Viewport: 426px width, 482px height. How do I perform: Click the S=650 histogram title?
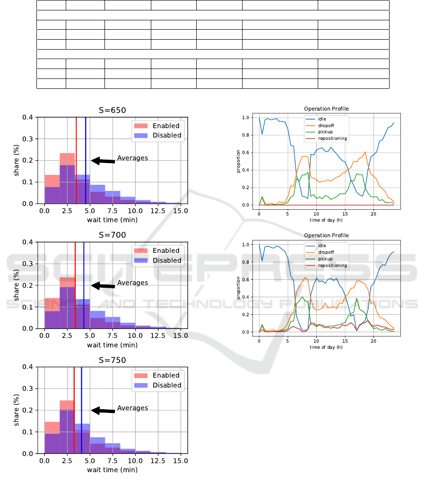pos(113,111)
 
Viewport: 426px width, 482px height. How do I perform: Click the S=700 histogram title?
pos(113,235)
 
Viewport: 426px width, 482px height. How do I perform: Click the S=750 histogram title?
pos(113,360)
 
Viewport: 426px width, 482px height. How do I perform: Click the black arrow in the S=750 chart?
pos(103,411)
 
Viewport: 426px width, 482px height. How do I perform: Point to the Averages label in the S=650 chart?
pos(132,158)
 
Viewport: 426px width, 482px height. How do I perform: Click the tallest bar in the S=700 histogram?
pos(67,302)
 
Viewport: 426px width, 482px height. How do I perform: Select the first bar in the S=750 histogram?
pos(52,438)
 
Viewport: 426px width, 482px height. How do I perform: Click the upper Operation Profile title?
pos(326,109)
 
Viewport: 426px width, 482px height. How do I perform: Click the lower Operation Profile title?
pos(326,235)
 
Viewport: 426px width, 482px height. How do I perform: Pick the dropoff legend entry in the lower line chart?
pos(325,253)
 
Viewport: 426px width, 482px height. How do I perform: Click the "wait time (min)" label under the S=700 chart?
pos(113,345)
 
